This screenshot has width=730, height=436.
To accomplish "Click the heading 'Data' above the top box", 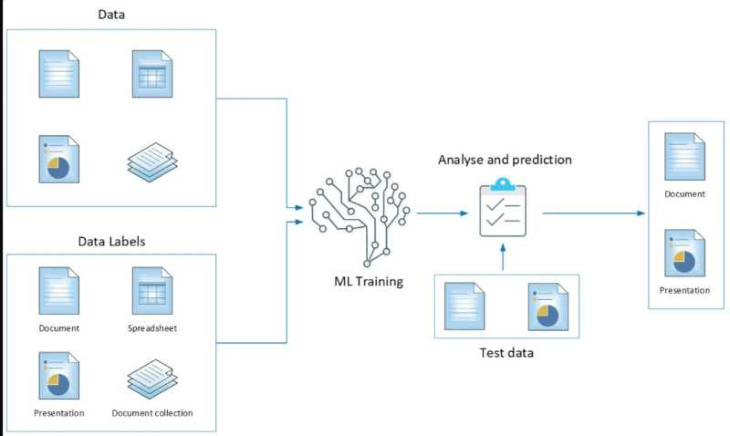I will coord(111,16).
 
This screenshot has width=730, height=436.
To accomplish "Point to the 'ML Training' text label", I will coord(368,281).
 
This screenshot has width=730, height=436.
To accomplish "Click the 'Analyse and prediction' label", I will coord(505,160).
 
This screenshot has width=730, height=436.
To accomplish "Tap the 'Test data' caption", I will coord(506,352).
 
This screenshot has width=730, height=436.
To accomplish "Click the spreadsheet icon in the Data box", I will coord(151,73).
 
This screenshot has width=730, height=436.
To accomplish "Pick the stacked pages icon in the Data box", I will coord(151,161).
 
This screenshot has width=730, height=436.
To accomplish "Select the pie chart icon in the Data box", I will coord(59,159).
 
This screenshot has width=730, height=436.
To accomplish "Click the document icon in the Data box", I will coord(59,73).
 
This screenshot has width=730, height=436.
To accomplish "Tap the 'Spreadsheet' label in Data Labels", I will coord(151,327).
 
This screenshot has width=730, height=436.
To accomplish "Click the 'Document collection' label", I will coord(152,413).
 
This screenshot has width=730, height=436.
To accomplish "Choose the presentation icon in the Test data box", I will coord(547,306).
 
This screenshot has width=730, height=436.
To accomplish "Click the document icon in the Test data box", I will coord(464,306).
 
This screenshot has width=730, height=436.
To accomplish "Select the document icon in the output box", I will coord(684,156).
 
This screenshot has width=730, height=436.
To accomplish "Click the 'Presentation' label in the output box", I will coord(684,290).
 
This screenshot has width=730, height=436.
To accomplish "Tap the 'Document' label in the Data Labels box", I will coord(59,327).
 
